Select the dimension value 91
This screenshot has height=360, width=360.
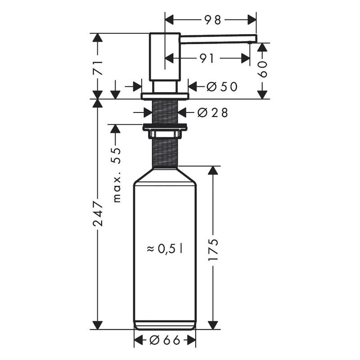coord(207,58)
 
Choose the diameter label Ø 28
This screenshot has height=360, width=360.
coord(212,112)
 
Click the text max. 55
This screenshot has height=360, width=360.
coord(117,175)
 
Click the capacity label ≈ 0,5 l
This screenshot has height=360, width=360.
coord(165,248)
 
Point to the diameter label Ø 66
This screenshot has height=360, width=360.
coord(165,341)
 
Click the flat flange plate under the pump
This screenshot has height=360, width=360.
coord(165,96)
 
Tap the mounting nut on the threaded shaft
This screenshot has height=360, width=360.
coord(164,128)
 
